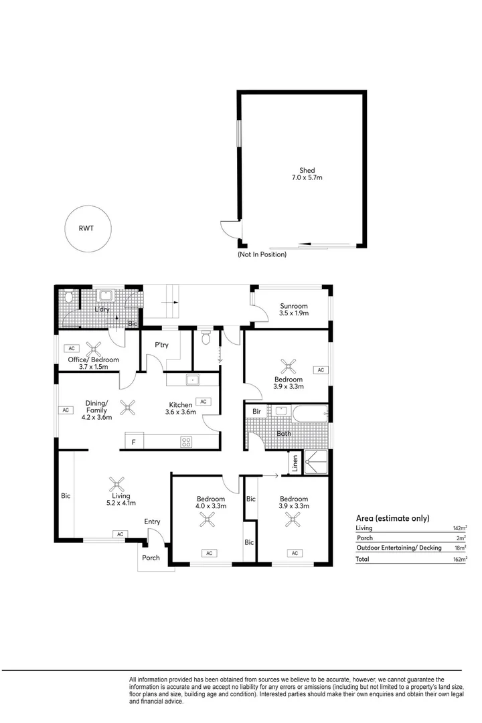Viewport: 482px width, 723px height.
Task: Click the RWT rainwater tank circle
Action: click(x=86, y=228)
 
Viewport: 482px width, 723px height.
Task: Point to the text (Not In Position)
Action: click(x=262, y=254)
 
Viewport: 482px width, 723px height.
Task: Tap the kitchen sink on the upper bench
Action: click(x=192, y=380)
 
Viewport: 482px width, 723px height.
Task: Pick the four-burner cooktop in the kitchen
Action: click(x=186, y=441)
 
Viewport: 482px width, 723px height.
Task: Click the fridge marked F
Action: click(x=133, y=442)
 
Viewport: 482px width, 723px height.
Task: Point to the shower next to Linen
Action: click(x=315, y=463)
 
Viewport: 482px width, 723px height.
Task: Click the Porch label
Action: click(x=151, y=558)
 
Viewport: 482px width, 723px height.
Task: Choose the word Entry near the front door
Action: click(x=152, y=521)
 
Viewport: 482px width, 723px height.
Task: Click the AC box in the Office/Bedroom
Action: click(x=71, y=349)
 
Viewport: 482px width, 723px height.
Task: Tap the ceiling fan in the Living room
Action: click(x=116, y=483)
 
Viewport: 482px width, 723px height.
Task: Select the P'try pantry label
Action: click(x=161, y=345)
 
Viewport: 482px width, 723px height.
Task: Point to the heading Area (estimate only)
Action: click(x=392, y=518)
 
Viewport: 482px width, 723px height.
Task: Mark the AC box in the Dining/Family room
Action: click(x=66, y=410)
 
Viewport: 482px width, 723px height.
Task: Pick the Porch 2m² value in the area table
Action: click(x=461, y=538)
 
